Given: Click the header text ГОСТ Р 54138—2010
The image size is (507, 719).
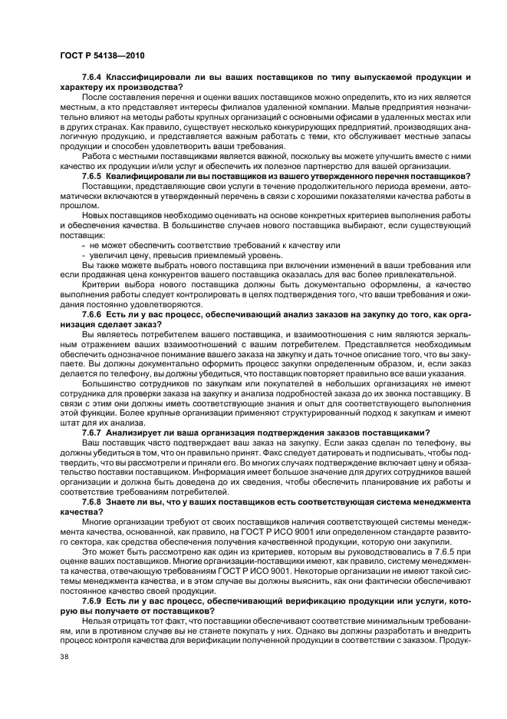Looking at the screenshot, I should click(102, 55).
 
